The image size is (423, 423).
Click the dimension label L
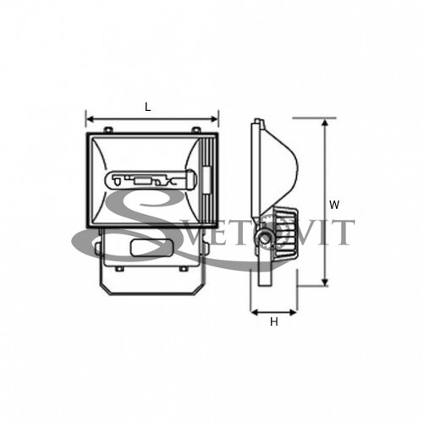click(x=148, y=107)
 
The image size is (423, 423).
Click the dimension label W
click(x=334, y=205)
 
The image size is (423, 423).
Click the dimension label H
click(x=274, y=321)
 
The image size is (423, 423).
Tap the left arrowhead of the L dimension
click(x=90, y=119)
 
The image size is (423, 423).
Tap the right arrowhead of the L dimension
click(x=215, y=119)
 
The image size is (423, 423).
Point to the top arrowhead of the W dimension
click(x=325, y=123)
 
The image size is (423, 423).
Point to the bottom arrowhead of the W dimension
click(x=325, y=282)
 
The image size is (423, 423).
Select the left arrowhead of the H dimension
click(x=255, y=312)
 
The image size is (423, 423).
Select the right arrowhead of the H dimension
click(x=293, y=312)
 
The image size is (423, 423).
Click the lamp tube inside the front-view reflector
click(x=151, y=179)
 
